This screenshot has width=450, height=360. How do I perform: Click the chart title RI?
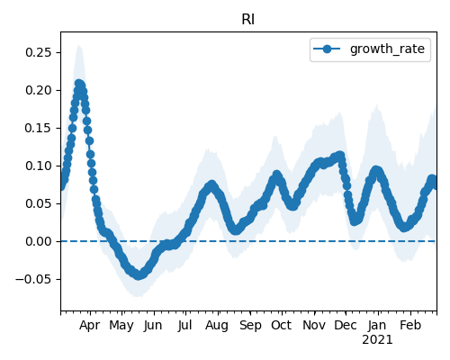pyautogui.click(x=248, y=20)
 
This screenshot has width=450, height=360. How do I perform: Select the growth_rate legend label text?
pyautogui.click(x=387, y=49)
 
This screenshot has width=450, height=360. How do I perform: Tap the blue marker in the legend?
pyautogui.click(x=327, y=49)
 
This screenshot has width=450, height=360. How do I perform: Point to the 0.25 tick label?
pyautogui.click(x=39, y=52)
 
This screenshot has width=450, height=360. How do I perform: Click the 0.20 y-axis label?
pyautogui.click(x=39, y=90)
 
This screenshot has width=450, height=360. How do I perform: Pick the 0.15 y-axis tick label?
pyautogui.click(x=39, y=128)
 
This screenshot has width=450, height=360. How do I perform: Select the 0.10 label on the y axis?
pyautogui.click(x=39, y=166)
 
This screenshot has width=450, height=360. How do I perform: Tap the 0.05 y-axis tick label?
pyautogui.click(x=39, y=203)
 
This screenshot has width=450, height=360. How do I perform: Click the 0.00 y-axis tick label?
pyautogui.click(x=39, y=241)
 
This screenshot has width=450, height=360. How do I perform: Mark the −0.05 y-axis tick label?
pyautogui.click(x=34, y=279)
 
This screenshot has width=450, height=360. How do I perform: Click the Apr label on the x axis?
pyautogui.click(x=89, y=326)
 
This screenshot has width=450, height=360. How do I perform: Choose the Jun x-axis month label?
pyautogui.click(x=153, y=326)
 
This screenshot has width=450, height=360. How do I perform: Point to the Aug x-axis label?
pyautogui.click(x=217, y=326)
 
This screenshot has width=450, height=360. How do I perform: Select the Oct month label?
pyautogui.click(x=281, y=325)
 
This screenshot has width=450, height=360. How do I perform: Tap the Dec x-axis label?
pyautogui.click(x=346, y=325)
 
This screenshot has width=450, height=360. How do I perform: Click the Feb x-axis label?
pyautogui.click(x=410, y=325)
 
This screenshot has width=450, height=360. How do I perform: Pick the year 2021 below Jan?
pyautogui.click(x=377, y=340)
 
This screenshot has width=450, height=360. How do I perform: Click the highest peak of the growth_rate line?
pyautogui.click(x=78, y=84)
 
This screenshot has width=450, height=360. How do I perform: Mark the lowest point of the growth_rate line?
pyautogui.click(x=138, y=275)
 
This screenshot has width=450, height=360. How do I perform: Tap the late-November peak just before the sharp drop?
pyautogui.click(x=340, y=156)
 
